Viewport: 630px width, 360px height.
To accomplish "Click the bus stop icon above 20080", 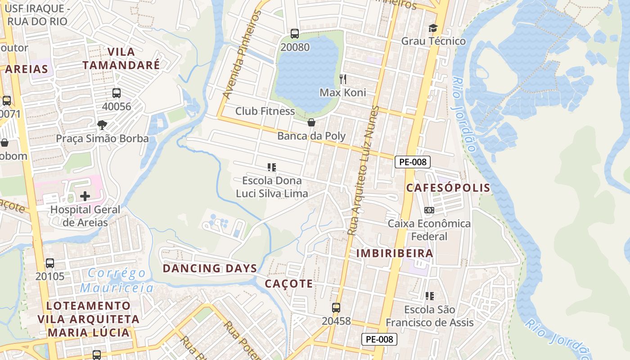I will point(295,33).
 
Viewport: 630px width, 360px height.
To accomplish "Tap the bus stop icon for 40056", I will point(117,93).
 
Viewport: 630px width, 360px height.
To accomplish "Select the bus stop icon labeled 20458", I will point(336,308).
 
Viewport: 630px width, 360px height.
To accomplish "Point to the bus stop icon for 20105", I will point(50,263).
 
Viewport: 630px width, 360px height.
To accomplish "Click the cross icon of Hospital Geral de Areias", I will point(85,196).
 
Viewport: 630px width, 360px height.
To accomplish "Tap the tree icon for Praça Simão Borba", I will point(102,125).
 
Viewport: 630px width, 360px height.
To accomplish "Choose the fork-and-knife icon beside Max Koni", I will point(343,80).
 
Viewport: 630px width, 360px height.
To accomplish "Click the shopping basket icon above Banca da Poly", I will point(311,122).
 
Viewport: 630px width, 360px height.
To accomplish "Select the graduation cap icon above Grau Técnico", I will point(433,28).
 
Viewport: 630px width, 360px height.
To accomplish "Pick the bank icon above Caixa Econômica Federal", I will point(429,210).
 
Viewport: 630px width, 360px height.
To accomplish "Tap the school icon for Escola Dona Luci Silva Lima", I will point(272,167).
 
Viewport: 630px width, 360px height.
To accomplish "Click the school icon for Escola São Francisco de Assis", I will point(430,296).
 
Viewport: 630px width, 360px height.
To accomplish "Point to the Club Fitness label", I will point(265,111).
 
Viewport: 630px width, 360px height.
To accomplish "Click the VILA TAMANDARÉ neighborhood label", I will point(121,58).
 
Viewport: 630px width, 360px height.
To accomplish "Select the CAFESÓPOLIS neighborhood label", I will point(448,188).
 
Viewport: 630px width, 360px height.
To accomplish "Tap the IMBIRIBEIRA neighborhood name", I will point(395,253).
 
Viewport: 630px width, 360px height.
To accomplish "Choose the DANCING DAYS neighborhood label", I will point(210,268).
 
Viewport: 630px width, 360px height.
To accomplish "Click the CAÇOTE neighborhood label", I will point(288,283).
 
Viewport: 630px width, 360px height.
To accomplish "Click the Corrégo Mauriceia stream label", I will point(117,280).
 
